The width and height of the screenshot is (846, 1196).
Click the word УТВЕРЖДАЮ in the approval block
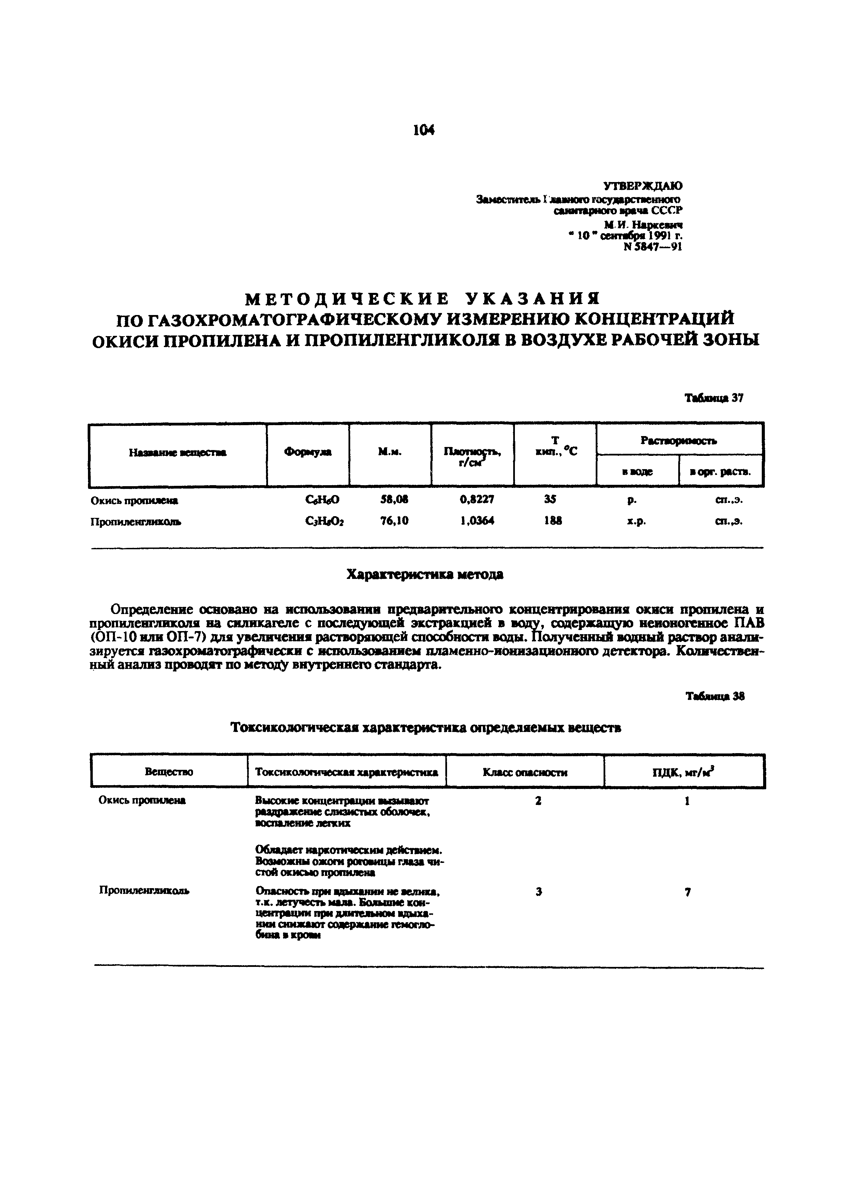(642, 185)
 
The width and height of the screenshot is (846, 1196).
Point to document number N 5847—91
(652, 248)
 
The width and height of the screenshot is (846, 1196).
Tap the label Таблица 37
(714, 398)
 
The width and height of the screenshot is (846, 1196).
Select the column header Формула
(307, 452)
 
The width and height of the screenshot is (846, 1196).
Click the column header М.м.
(390, 452)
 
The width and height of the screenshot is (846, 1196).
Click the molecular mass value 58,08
(394, 499)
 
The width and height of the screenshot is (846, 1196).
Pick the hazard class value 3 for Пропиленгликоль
(538, 892)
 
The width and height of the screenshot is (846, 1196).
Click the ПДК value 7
(688, 892)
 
